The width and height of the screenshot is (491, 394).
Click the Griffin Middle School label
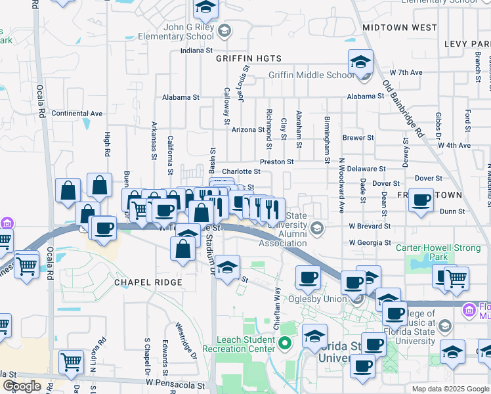[310, 75]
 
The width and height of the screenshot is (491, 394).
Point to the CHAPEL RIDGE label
[147, 282]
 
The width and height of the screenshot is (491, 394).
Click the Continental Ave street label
[77, 113]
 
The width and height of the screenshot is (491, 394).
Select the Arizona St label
[247, 129]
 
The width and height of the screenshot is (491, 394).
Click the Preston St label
[276, 161]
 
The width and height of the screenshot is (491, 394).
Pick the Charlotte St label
[241, 172]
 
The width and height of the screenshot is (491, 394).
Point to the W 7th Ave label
[406, 72]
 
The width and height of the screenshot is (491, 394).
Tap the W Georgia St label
[370, 242]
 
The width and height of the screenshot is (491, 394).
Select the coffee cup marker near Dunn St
[421, 200]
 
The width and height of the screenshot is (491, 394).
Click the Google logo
[22, 386]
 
